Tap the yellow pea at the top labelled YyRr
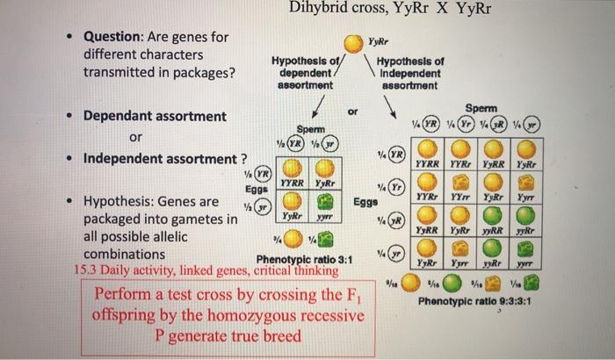[x=351, y=42]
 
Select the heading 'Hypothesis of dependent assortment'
[x=301, y=74]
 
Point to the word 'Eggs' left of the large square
[x=365, y=201]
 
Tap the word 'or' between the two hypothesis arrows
[x=353, y=112]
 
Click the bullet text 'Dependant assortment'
[x=154, y=116]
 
